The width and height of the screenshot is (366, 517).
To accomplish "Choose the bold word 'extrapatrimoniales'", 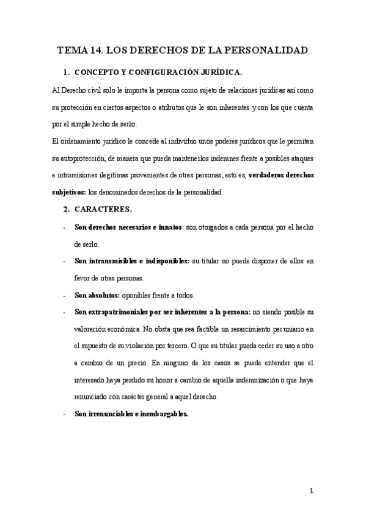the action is pyautogui.click(x=116, y=312).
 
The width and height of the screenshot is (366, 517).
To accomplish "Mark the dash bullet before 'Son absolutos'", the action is pyautogui.click(x=65, y=296).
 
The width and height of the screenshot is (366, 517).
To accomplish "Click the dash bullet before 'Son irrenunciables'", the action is pyautogui.click(x=65, y=413).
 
